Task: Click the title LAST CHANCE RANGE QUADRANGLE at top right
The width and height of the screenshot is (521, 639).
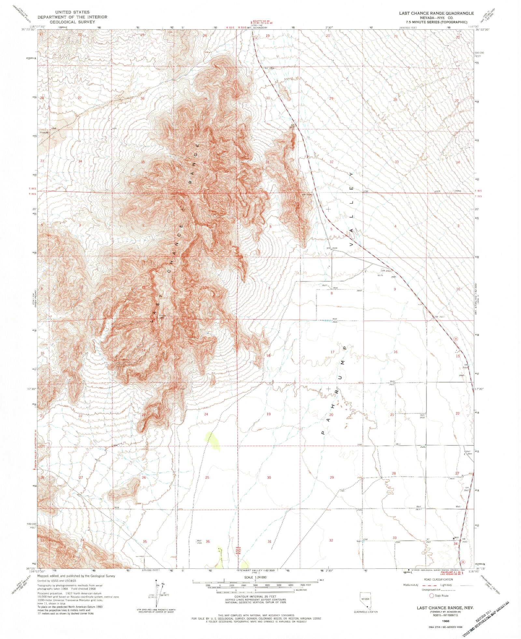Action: [437, 13]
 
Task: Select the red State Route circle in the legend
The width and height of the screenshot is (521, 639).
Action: [432, 595]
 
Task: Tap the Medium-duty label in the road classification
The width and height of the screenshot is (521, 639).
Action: [411, 585]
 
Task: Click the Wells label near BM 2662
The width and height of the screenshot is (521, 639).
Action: [380, 275]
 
